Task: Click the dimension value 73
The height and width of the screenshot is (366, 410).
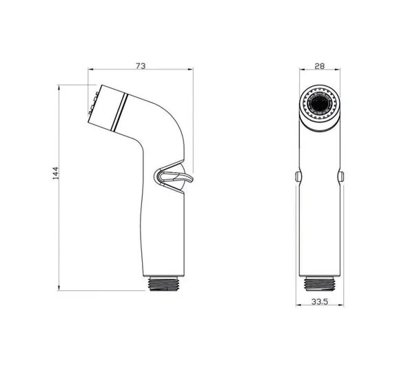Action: click(x=141, y=66)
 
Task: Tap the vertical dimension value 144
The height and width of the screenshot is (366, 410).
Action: click(x=56, y=173)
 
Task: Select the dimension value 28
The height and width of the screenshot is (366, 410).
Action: click(x=320, y=66)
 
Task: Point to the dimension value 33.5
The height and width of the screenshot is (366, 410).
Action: click(x=320, y=302)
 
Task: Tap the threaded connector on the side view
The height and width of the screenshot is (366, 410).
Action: click(x=164, y=284)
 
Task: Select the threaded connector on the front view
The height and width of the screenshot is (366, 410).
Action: click(x=320, y=284)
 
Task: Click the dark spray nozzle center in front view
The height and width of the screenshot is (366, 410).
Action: click(x=320, y=103)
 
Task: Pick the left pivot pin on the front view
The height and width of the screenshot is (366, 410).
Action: click(x=298, y=176)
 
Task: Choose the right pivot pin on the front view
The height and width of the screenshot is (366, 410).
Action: click(x=340, y=176)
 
